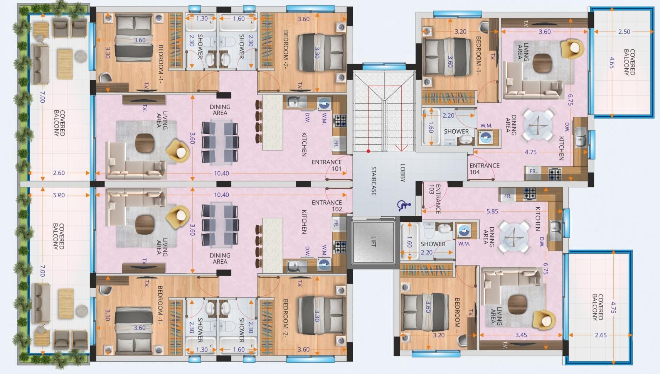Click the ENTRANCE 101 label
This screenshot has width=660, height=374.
click(327, 165)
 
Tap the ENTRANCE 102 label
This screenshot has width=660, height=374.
click(327, 206)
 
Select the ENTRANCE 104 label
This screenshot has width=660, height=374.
click(484, 169)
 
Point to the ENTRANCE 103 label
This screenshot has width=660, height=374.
click(434, 198)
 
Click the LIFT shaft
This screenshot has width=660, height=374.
click(373, 242)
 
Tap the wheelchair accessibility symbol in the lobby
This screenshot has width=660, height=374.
click(404, 206)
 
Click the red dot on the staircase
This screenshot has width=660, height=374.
click(368, 151)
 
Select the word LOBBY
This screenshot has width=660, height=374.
click(403, 173)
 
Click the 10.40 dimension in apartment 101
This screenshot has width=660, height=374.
click(221, 173)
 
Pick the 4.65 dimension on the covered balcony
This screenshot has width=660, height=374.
click(612, 63)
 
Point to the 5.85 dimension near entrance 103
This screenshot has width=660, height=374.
click(492, 211)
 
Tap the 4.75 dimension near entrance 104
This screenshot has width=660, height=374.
click(530, 152)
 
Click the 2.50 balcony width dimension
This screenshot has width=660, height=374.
click(624, 32)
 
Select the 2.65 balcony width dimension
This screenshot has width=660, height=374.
click(601, 335)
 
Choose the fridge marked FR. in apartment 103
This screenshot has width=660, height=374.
click(507, 196)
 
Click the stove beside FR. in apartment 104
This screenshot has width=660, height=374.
click(555, 174)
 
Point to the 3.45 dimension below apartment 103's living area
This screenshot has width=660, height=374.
click(521, 335)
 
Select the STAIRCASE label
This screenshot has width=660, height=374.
click(374, 181)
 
